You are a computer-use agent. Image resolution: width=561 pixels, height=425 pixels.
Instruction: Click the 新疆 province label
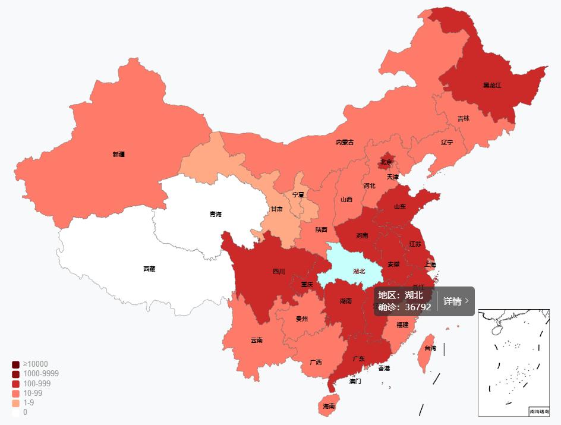119,155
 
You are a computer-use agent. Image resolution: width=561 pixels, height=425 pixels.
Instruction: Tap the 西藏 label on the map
149,269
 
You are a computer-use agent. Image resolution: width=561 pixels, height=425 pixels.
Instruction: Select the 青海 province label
215,215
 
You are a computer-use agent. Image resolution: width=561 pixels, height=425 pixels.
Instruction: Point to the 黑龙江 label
492,86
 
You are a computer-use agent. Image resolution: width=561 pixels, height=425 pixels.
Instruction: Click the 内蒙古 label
345,142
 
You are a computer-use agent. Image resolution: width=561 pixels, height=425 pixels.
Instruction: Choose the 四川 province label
279,272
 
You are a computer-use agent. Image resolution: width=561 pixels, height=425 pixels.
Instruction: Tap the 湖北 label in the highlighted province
359,272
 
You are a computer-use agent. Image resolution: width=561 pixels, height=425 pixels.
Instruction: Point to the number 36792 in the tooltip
418,307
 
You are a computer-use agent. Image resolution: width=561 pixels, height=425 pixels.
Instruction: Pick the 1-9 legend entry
29,402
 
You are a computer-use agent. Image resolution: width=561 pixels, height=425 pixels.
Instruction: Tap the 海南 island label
329,407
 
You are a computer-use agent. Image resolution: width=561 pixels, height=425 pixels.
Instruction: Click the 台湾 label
430,348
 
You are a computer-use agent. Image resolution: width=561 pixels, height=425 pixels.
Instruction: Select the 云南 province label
256,341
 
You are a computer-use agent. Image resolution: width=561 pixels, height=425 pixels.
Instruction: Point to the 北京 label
386,162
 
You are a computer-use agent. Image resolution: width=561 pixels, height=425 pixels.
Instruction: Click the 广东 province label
359,359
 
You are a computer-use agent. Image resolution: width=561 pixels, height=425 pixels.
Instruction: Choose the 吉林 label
463,119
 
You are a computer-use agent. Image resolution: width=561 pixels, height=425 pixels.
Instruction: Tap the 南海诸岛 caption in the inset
539,411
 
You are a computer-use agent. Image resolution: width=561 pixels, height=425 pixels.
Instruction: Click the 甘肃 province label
276,209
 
